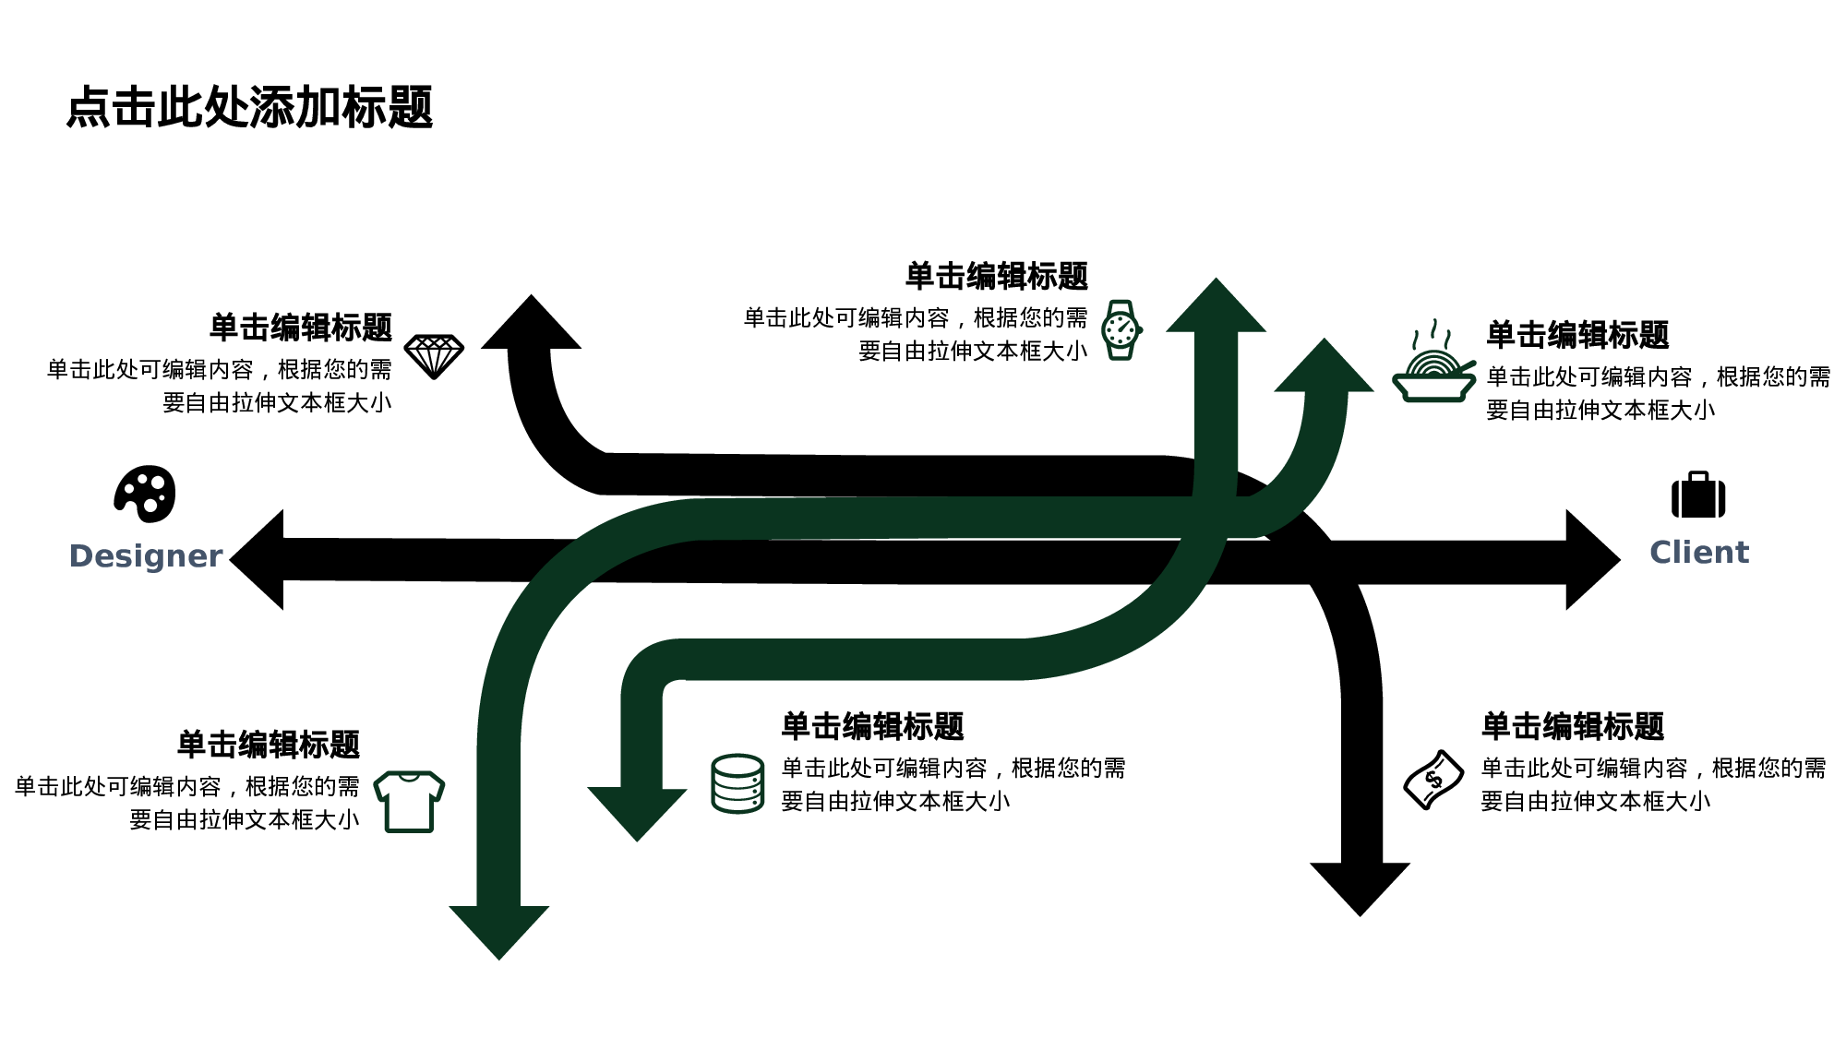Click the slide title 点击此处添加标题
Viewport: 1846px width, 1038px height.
[x=249, y=107]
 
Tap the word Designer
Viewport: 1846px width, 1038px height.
[x=146, y=555]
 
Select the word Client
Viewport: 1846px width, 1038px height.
[x=1698, y=552]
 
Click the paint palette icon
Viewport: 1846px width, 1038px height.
[x=145, y=494]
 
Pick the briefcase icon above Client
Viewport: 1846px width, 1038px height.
[x=1697, y=495]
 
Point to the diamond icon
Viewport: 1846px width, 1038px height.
[x=434, y=356]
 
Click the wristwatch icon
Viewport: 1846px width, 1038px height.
[x=1121, y=329]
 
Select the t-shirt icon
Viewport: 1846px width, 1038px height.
[x=409, y=801]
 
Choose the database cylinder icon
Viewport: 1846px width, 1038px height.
[x=737, y=783]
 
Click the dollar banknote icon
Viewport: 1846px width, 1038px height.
[x=1432, y=780]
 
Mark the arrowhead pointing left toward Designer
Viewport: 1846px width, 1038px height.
[x=258, y=559]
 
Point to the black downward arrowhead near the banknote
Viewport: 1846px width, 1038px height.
[x=1360, y=886]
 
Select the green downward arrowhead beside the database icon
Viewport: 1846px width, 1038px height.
[x=637, y=811]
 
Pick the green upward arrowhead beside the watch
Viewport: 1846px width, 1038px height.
[x=1216, y=308]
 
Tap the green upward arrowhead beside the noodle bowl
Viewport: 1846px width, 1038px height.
[x=1325, y=368]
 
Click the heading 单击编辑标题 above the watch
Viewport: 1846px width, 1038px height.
[x=996, y=276]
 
